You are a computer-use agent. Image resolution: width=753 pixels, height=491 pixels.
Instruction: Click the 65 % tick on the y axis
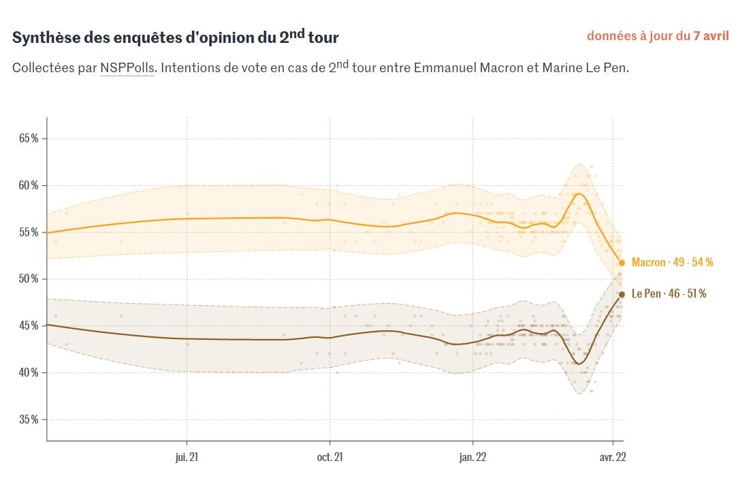click(29, 138)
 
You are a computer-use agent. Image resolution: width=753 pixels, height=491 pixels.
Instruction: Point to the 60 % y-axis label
click(29, 185)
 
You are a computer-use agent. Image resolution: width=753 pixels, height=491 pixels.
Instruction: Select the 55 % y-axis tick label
click(29, 232)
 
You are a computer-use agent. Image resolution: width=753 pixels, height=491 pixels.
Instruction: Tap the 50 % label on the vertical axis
click(29, 279)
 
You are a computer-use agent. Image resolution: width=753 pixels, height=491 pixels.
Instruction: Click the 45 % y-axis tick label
click(29, 326)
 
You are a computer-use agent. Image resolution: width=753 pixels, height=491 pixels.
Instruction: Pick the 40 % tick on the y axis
click(29, 373)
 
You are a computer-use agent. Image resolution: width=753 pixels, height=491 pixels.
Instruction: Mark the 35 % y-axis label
click(29, 419)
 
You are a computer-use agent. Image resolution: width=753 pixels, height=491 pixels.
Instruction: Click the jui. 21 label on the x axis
click(187, 457)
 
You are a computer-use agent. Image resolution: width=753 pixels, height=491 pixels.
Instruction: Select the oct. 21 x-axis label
click(330, 457)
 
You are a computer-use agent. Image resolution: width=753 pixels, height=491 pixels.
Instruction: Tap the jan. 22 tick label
click(473, 457)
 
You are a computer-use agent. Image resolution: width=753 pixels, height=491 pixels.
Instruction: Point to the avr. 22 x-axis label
click(613, 457)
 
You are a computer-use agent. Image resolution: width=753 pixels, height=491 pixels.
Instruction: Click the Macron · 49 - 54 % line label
click(672, 262)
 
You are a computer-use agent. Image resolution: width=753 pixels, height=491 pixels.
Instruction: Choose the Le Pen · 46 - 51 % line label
click(669, 294)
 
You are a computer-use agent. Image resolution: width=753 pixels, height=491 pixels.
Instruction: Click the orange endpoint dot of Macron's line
click(622, 263)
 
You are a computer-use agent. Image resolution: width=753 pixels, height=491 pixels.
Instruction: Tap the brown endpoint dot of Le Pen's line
click(622, 294)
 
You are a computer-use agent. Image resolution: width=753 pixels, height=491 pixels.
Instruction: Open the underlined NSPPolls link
click(127, 68)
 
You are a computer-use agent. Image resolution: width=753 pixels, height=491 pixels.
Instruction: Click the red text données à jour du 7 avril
click(658, 35)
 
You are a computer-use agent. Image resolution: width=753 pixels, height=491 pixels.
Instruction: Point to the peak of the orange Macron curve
click(579, 193)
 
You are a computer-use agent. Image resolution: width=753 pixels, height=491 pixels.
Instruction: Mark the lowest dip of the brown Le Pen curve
click(579, 364)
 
